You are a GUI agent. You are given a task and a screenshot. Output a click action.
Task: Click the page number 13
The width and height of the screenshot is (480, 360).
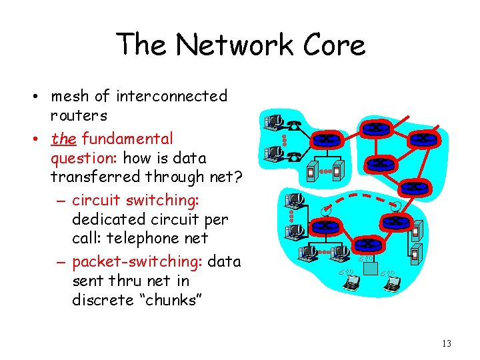[x=446, y=344]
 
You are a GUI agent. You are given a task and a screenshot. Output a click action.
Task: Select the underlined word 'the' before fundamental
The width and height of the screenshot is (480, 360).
[x=63, y=139]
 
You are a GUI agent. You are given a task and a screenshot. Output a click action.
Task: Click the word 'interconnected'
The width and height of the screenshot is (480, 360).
[x=172, y=97]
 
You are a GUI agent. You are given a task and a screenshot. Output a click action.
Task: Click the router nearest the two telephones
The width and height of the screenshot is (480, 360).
[x=327, y=139]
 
